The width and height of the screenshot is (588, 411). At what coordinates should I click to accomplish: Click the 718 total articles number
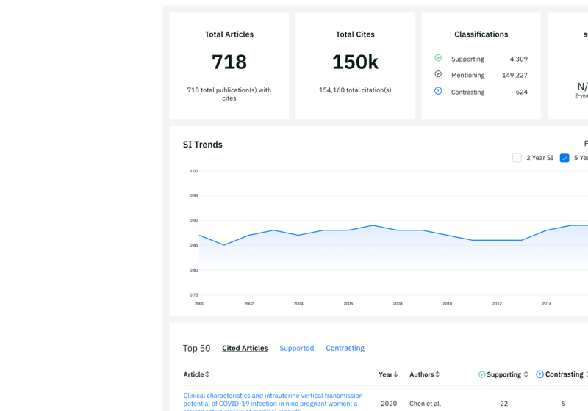[x=229, y=62]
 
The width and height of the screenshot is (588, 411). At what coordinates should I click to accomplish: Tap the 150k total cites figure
[x=355, y=62]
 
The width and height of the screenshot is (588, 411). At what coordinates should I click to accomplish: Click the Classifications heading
[x=481, y=34]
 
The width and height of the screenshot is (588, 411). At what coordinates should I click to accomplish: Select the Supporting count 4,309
[x=518, y=59]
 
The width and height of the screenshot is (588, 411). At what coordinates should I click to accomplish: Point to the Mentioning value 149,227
[x=514, y=75]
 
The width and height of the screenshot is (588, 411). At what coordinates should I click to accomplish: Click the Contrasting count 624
[x=521, y=92]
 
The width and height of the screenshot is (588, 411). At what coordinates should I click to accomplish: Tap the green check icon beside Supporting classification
[x=438, y=58]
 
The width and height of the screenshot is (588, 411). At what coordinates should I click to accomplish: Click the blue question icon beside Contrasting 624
[x=438, y=91]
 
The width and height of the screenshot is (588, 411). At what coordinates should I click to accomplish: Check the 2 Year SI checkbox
[x=517, y=158]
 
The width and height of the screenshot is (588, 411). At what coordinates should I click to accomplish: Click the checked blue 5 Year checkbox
[x=564, y=158]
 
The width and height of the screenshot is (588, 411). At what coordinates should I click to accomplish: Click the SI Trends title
[x=203, y=145]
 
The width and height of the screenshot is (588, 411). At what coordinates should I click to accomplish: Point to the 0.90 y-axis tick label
[x=194, y=220]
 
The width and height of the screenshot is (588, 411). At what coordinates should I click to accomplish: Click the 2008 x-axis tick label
[x=398, y=303]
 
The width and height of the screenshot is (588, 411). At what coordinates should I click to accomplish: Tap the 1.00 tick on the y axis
[x=194, y=171]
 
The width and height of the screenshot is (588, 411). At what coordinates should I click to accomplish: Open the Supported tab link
[x=297, y=349]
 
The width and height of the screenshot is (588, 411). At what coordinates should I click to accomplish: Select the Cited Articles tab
[x=245, y=349]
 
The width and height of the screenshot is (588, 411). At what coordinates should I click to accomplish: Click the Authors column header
[x=424, y=374]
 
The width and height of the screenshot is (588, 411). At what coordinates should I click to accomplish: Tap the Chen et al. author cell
[x=426, y=404]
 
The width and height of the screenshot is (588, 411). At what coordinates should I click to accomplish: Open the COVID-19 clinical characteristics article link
[x=273, y=396]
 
